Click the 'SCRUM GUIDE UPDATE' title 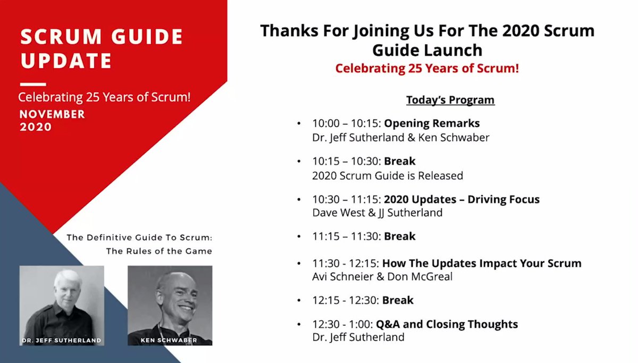click(x=101, y=48)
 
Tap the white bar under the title click(x=33, y=84)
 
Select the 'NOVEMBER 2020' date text click(x=52, y=121)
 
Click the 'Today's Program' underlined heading click(x=450, y=100)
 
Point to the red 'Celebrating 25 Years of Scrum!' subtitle click(x=427, y=69)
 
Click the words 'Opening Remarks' click(x=432, y=123)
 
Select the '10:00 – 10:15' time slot click(x=346, y=123)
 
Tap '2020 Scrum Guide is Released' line click(x=388, y=175)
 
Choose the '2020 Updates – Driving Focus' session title click(x=461, y=200)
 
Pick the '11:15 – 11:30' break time click(x=346, y=236)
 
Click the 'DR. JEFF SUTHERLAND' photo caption click(x=62, y=339)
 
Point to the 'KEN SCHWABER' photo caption click(x=170, y=339)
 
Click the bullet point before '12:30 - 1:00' click(x=299, y=325)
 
